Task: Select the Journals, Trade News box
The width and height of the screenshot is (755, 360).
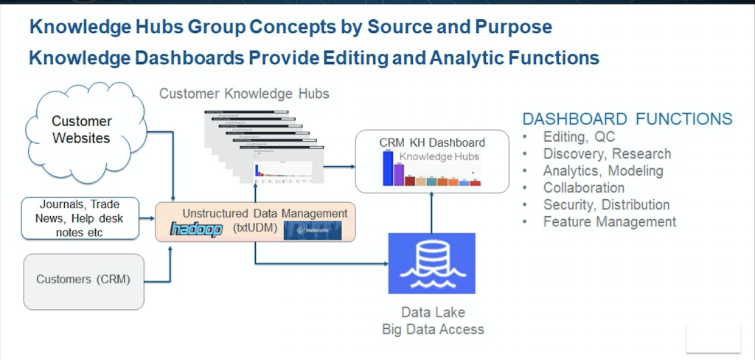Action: [80, 218]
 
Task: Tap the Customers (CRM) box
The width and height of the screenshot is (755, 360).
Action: [83, 280]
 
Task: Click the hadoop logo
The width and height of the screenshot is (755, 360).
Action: [196, 229]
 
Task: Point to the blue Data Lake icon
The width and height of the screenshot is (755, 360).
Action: [432, 263]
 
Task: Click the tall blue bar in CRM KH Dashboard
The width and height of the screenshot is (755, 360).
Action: [387, 167]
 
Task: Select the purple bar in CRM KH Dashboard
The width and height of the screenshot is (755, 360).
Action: [399, 174]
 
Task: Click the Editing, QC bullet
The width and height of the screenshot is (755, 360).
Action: [578, 136]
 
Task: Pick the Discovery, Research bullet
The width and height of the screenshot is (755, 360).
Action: [606, 153]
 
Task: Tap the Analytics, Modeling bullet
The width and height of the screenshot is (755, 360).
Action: [602, 170]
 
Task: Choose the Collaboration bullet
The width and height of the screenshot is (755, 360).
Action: [583, 187]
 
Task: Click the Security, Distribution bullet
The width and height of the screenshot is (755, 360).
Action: [605, 204]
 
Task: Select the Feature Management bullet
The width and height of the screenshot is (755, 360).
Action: [609, 221]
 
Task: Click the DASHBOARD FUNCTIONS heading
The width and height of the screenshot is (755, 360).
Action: [627, 119]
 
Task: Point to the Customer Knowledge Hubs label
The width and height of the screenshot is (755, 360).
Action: [244, 94]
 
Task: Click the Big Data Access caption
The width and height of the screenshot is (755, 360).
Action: [433, 329]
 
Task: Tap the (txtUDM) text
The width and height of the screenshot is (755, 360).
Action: [260, 229]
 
